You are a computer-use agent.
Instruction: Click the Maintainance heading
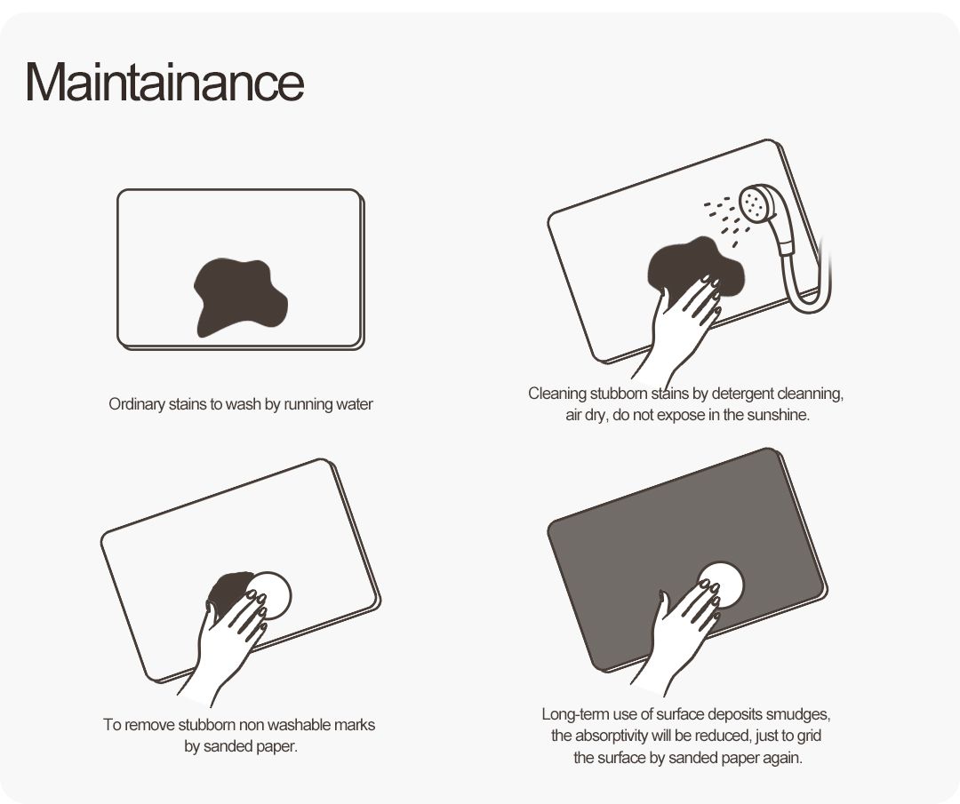pyautogui.click(x=164, y=82)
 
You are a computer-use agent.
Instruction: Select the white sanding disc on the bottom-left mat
pyautogui.click(x=269, y=594)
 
